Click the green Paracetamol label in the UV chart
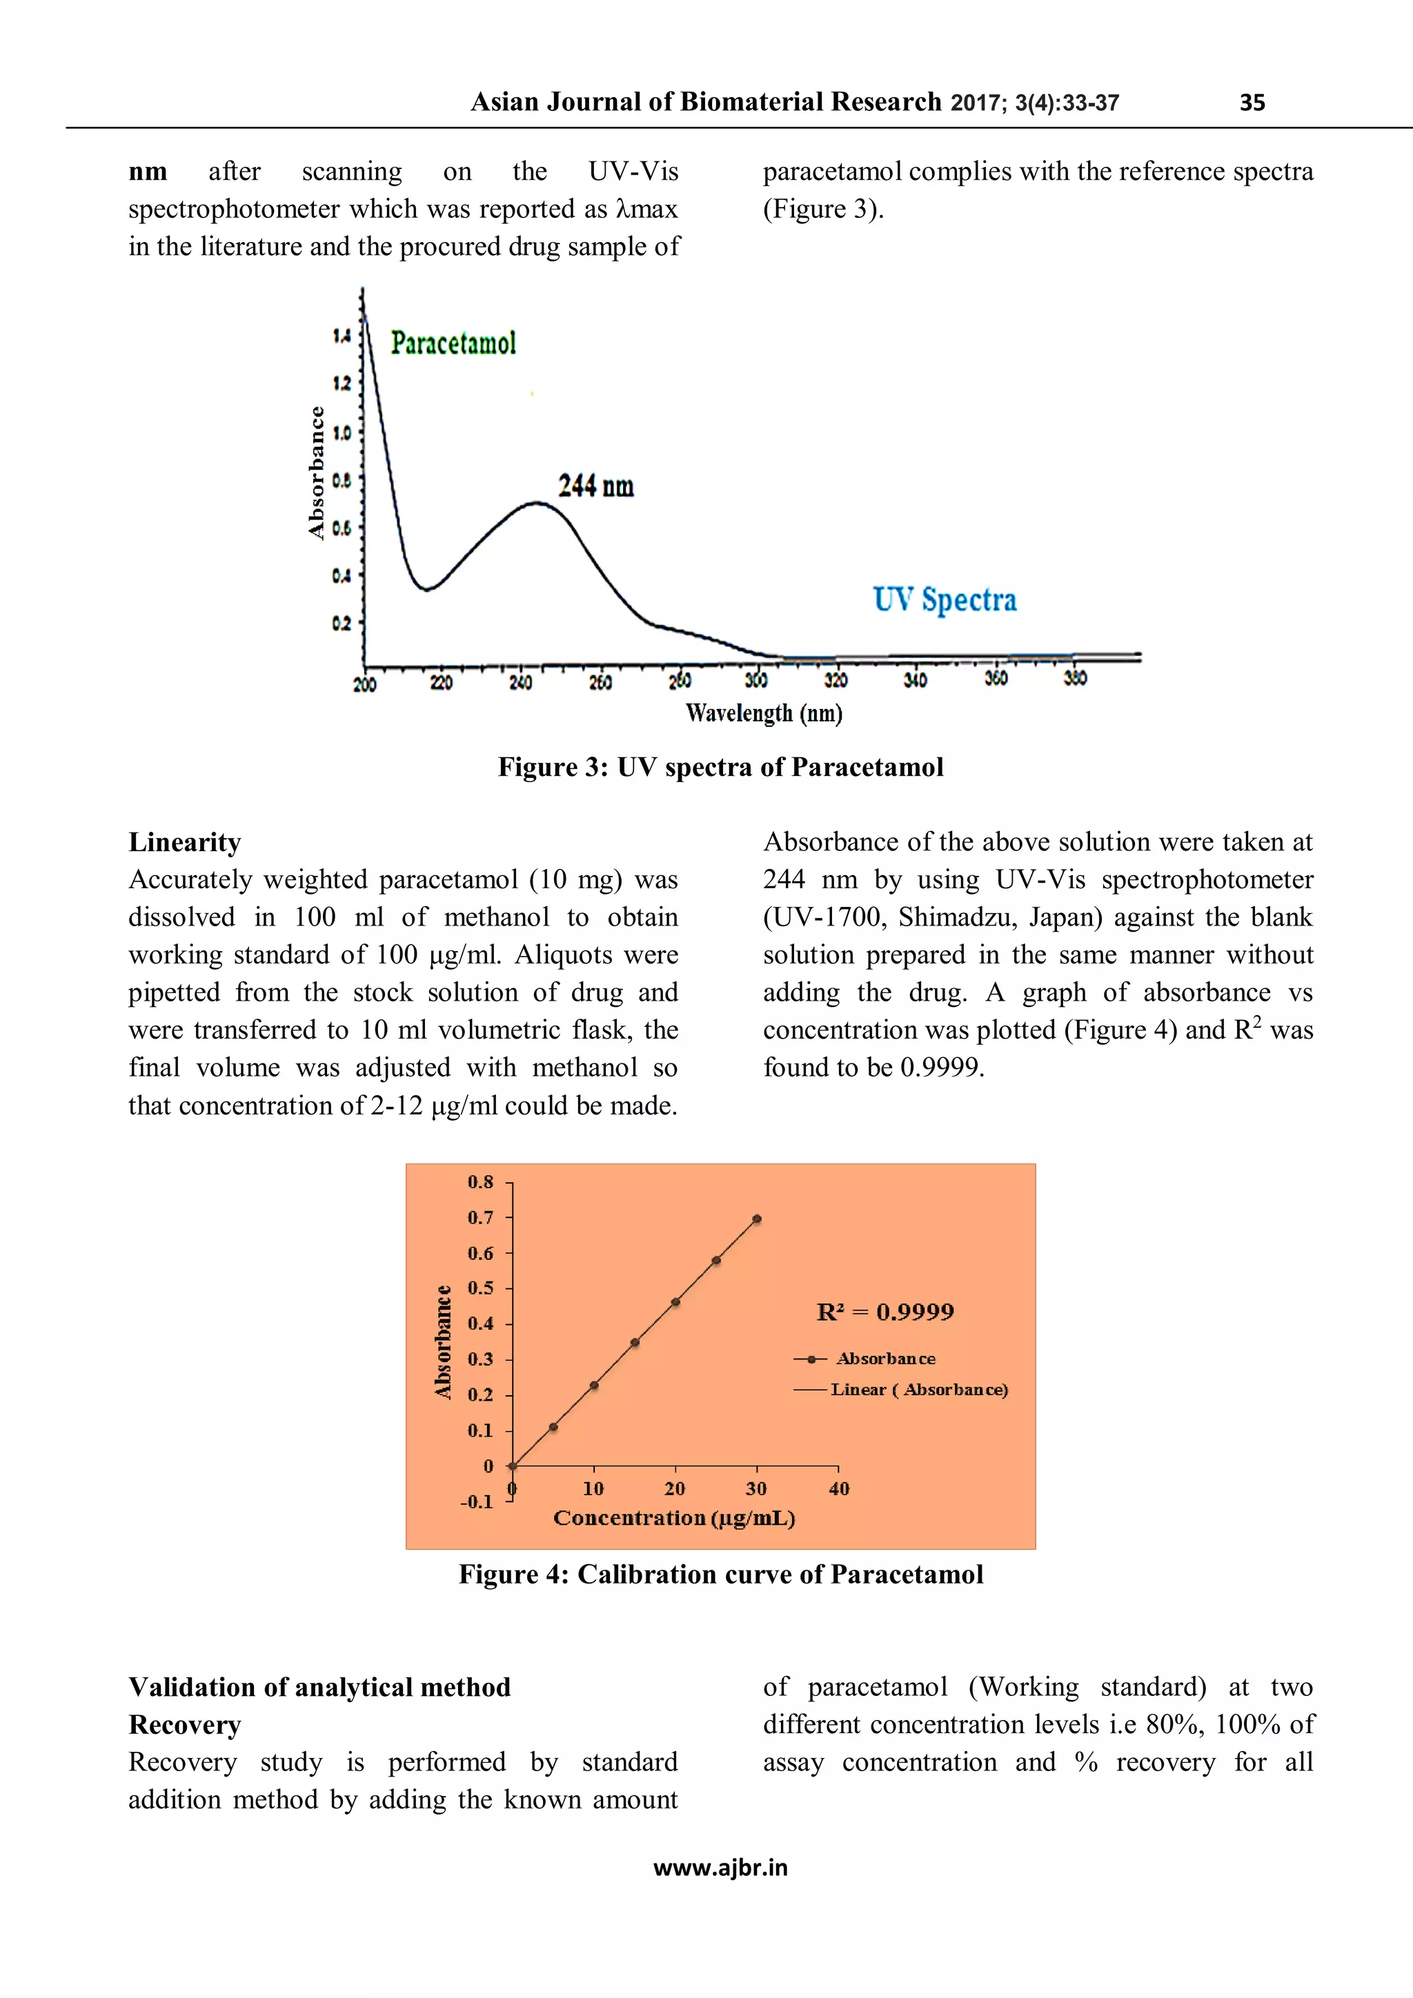point(453,343)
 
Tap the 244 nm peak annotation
point(595,486)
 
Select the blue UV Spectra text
point(945,599)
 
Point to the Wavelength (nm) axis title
point(764,714)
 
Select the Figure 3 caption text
point(720,767)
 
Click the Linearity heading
point(185,841)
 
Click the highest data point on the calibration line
point(757,1219)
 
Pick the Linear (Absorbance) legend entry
point(918,1390)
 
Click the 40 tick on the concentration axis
point(838,1489)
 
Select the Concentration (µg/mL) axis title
point(674,1519)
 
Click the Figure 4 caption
point(720,1575)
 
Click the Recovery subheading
point(185,1724)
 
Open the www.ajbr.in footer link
point(720,1868)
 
